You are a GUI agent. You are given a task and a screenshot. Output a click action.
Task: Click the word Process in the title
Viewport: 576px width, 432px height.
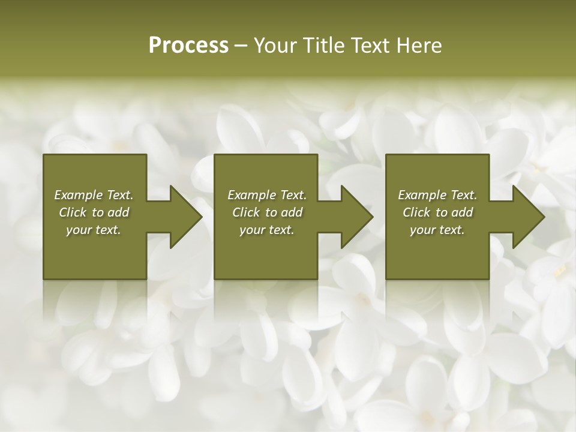tap(188, 46)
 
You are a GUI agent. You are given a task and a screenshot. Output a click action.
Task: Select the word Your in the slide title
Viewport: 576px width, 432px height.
tap(275, 46)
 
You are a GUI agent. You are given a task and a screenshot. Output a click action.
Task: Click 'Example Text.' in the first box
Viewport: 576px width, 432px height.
tap(94, 195)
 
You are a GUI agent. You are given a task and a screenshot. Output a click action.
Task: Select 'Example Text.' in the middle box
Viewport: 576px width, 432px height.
tap(267, 195)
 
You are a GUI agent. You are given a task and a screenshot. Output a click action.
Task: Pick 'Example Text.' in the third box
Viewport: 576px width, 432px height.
tap(437, 195)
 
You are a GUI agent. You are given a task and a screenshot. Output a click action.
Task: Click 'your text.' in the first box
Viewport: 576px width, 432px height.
tap(94, 230)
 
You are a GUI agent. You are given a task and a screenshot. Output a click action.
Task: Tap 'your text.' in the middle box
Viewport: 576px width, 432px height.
tap(266, 230)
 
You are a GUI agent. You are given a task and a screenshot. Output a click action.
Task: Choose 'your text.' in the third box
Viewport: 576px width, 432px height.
tap(437, 230)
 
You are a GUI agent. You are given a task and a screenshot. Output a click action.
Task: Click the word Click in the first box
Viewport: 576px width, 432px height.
tap(73, 212)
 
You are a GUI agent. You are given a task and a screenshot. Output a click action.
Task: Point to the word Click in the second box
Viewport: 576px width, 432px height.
tap(245, 212)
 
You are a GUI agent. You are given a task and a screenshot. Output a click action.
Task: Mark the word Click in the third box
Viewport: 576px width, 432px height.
tap(416, 212)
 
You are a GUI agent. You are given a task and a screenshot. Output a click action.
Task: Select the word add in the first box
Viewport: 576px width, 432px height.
tap(118, 212)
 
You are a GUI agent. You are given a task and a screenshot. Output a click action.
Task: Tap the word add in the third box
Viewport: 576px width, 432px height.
tap(462, 212)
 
